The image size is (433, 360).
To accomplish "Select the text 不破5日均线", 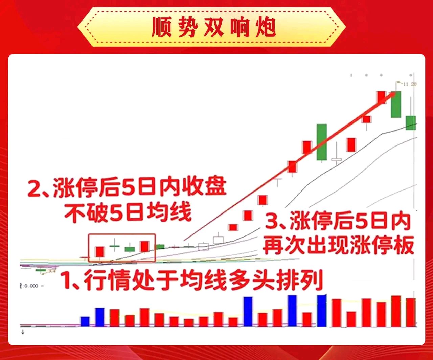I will pos(129,212).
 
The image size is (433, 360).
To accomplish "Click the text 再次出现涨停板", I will pos(338,245).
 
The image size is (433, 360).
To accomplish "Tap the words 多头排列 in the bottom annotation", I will pos(276,280).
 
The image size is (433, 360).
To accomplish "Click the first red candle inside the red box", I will pos(99,252).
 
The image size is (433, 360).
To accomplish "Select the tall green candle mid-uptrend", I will pos(322,142).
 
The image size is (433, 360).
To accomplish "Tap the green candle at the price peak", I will pos(396,104).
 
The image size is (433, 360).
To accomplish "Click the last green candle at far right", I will pos(411,122).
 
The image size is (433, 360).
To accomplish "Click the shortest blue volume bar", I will pos(85,321).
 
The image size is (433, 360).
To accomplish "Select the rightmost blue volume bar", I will pos(322,311).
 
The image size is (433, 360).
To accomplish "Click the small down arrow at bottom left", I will pos(23,332).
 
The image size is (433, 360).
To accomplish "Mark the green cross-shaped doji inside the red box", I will pos(115,246).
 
